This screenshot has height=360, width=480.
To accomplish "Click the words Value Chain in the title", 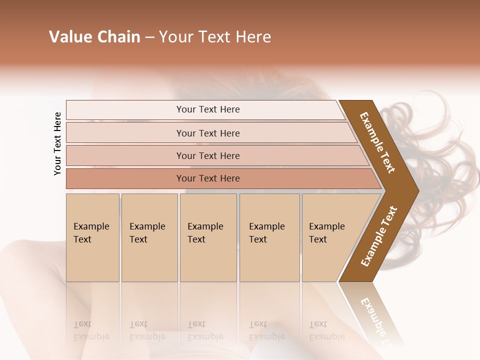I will click(x=94, y=37).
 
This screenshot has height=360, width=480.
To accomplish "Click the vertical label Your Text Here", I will click(x=57, y=143).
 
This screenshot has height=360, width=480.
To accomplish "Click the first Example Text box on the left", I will click(x=92, y=237).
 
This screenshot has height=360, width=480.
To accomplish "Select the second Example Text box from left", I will click(x=149, y=237).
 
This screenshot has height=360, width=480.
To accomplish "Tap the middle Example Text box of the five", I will click(x=208, y=237).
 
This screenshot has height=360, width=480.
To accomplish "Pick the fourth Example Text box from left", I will click(x=269, y=237).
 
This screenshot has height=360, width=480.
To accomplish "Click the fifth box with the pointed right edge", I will click(x=330, y=237).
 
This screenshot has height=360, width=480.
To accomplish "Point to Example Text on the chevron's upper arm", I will click(x=377, y=142).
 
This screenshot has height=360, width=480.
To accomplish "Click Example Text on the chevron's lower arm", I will click(x=379, y=236).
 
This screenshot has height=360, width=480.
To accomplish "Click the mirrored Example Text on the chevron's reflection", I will click(x=377, y=320).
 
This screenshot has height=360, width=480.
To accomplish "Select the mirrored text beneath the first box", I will click(x=91, y=330).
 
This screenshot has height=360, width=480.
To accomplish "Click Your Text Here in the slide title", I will click(x=215, y=37).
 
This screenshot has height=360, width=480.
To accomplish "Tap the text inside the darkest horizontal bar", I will click(x=208, y=178).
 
